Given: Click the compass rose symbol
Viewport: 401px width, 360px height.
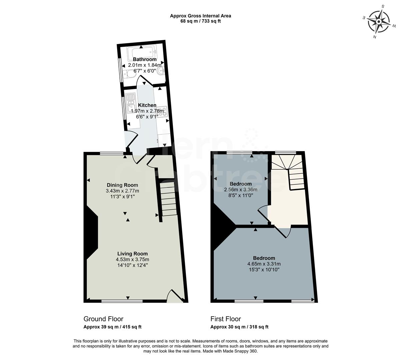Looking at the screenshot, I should coord(379,22).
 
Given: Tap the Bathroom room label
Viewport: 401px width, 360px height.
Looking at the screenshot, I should coord(144,59).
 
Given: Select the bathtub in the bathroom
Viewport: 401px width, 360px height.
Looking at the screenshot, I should coord(142,52).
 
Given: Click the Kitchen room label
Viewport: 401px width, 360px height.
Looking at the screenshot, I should coord(147,105).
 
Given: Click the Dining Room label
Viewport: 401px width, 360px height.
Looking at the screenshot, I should coord(122,185).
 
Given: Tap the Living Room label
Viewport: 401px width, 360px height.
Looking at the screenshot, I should coord(132,254).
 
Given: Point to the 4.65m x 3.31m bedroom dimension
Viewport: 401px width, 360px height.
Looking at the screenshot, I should coord(264,264).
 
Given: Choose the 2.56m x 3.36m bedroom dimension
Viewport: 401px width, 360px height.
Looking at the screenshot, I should coord(241,190).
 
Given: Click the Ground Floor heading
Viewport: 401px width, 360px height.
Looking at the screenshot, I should coord(103,319).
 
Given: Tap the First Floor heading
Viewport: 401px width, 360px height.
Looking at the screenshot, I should coord(226,319).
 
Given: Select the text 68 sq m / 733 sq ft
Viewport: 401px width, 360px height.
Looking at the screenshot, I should coord(200,21).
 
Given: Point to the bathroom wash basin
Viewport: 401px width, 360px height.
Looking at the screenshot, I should coord(162,71).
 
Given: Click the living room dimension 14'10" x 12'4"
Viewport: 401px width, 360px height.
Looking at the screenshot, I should coord(132,265).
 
